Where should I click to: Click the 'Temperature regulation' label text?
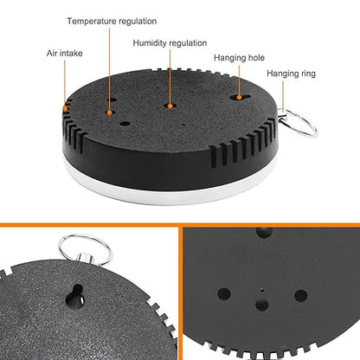click(x=112, y=22)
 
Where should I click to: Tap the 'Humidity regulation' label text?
click(x=170, y=43)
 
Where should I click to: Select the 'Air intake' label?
click(x=65, y=54)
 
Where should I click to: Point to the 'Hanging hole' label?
click(x=239, y=58)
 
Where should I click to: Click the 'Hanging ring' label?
click(x=291, y=74)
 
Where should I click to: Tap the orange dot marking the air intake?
click(x=66, y=108)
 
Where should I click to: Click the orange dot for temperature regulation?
click(x=109, y=112)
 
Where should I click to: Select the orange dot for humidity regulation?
click(x=170, y=106)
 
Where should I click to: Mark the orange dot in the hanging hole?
click(x=239, y=98)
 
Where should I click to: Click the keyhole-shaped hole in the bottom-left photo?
click(x=75, y=297)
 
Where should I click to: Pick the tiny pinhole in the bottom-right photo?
click(x=262, y=290)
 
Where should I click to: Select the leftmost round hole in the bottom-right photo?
click(x=224, y=294)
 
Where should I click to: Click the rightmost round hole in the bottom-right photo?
click(x=301, y=296)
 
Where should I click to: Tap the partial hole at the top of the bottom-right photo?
click(x=264, y=232)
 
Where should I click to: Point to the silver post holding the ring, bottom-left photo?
click(x=85, y=258)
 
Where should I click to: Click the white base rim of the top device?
click(x=170, y=192)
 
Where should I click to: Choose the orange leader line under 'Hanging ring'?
click(x=283, y=95)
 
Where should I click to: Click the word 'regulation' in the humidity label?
click(x=188, y=43)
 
